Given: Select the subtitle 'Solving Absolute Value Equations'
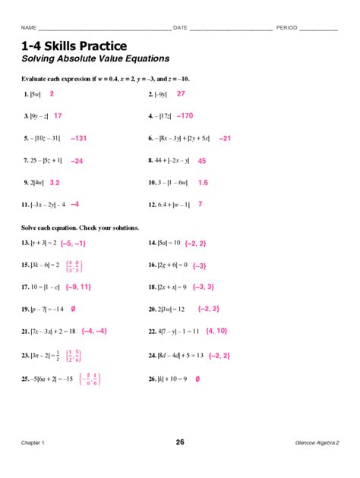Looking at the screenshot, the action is coord(95,58).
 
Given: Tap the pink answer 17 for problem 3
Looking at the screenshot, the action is coord(58,115).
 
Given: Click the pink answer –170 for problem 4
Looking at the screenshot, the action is coord(185,116).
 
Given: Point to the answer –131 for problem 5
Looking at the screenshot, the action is coord(78,139).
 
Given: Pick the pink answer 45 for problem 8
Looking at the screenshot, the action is coord(201,161).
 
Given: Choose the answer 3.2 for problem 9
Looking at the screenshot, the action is coord(55,183).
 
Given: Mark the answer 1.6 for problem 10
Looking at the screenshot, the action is coord(203,183).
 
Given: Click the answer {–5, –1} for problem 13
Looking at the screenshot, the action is coord(73,243).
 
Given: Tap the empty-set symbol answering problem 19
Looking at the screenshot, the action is coord(73,309).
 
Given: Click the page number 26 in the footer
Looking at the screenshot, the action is coord(180,442).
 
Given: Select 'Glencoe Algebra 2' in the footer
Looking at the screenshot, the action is coord(317,443).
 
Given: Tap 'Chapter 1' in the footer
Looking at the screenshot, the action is coord(33,443).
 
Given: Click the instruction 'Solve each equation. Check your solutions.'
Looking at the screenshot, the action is coord(81,228).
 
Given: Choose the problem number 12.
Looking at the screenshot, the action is coord(152,205).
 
